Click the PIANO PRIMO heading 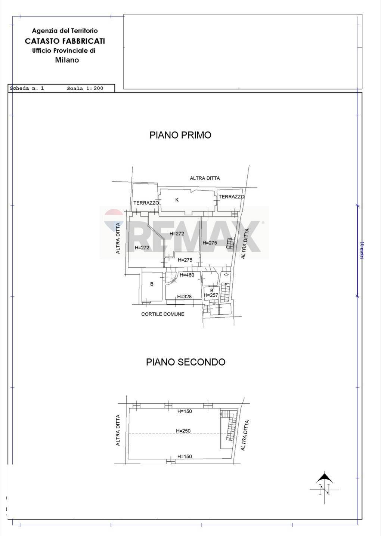[x=180, y=135]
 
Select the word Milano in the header [x=67, y=60]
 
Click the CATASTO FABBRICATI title [x=65, y=41]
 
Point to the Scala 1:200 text [x=85, y=88]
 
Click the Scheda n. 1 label [x=27, y=88]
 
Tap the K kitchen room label [x=177, y=200]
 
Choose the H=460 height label [x=187, y=275]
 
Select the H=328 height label [x=185, y=297]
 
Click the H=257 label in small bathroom [x=211, y=295]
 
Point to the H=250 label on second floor [x=183, y=431]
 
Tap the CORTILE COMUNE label [x=162, y=314]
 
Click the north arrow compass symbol [x=325, y=488]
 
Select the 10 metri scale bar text [x=362, y=250]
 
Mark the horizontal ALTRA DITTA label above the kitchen [x=205, y=178]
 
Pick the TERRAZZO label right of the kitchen [x=232, y=197]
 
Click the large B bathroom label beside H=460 [x=152, y=284]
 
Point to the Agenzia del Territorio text [x=65, y=31]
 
